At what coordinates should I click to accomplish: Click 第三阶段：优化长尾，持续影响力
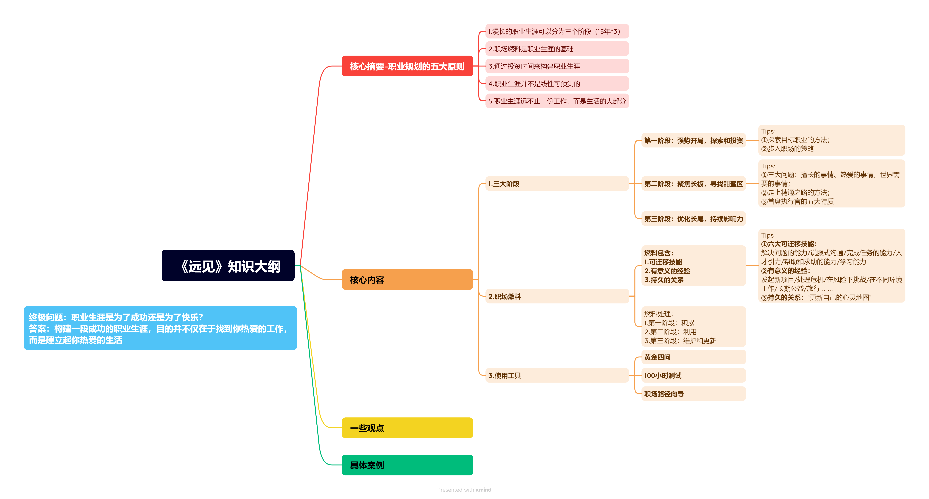coord(693,219)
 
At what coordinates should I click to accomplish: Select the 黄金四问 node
coord(693,357)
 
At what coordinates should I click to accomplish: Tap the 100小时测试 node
coord(693,375)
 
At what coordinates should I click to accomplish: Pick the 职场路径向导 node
coord(693,394)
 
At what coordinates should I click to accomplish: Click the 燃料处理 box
coord(693,327)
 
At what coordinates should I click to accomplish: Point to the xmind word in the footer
coord(483,490)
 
